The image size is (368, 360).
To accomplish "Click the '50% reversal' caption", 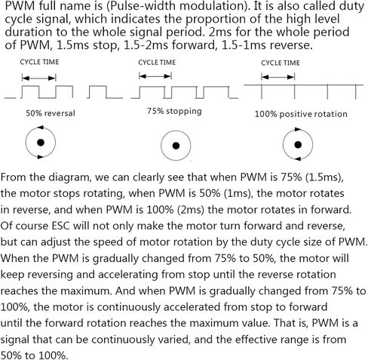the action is click(x=51, y=113).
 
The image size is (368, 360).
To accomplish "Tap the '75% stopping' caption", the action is click(x=174, y=111).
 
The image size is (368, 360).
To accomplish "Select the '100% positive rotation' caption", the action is click(x=301, y=114).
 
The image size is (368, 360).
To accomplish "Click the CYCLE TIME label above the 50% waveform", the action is click(x=39, y=62).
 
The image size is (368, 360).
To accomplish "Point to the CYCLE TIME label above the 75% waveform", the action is click(x=157, y=62).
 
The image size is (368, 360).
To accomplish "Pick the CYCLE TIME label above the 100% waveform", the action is click(x=281, y=63).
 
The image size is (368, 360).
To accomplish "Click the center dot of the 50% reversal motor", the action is click(x=41, y=143).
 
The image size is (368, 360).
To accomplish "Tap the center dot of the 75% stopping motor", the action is click(x=176, y=146).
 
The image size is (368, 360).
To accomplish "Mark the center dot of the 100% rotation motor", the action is click(x=298, y=145).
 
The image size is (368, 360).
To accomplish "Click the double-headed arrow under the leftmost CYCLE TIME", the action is click(x=39, y=78).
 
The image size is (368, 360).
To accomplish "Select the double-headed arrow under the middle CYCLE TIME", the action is click(x=155, y=76).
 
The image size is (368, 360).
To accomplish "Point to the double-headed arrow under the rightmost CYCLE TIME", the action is click(x=278, y=77).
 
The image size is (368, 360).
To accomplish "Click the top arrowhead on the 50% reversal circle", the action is click(x=41, y=128).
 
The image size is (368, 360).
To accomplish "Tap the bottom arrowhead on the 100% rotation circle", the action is click(x=298, y=159).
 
